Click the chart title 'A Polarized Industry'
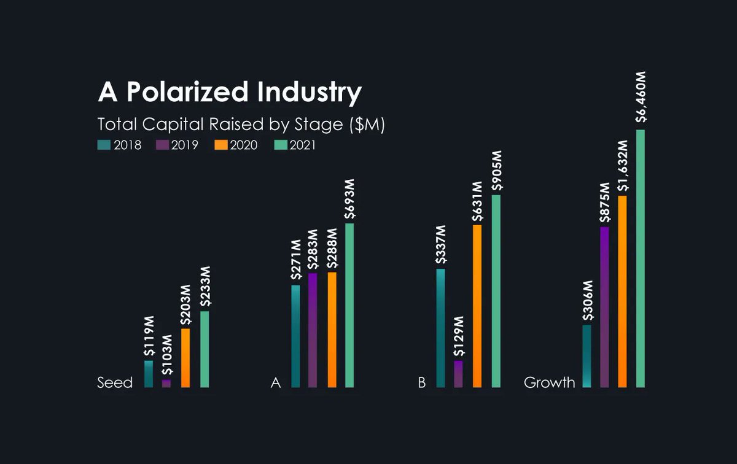[230, 93]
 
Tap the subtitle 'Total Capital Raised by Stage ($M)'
[241, 124]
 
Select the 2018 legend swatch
[103, 145]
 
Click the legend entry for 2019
[177, 145]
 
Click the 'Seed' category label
[115, 383]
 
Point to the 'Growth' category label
[549, 383]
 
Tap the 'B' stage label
[421, 383]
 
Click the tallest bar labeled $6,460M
[641, 258]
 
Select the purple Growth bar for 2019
[604, 307]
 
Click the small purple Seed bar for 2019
[166, 384]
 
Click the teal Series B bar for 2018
[440, 328]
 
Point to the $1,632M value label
[623, 167]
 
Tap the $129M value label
[458, 337]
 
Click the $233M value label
[205, 287]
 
